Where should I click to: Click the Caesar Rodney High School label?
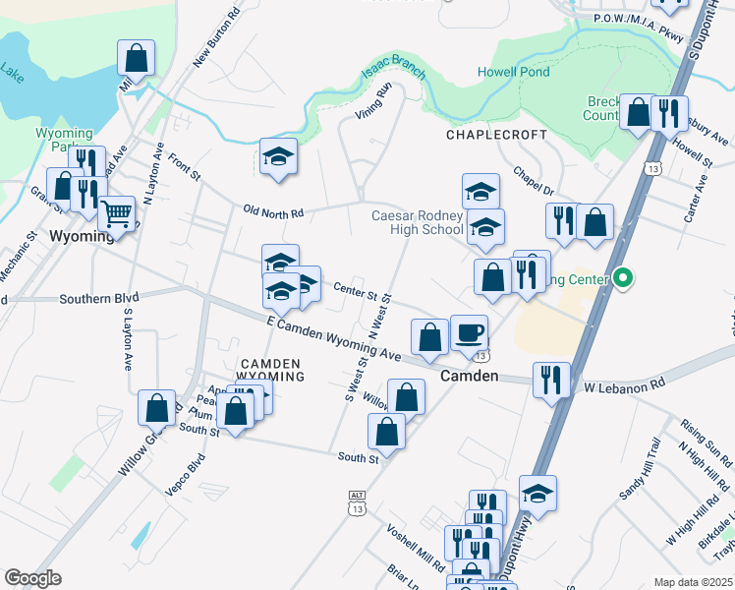[x=417, y=222]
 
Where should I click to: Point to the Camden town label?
[x=469, y=377]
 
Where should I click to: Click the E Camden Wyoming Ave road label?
[x=333, y=338]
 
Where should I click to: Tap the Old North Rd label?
[x=274, y=211]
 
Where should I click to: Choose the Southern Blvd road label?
[x=98, y=297]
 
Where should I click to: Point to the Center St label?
[x=356, y=291]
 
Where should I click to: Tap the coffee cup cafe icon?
[x=469, y=331]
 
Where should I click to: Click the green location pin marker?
[x=621, y=279]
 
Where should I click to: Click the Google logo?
[x=32, y=578]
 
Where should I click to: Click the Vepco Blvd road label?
[x=185, y=473]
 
